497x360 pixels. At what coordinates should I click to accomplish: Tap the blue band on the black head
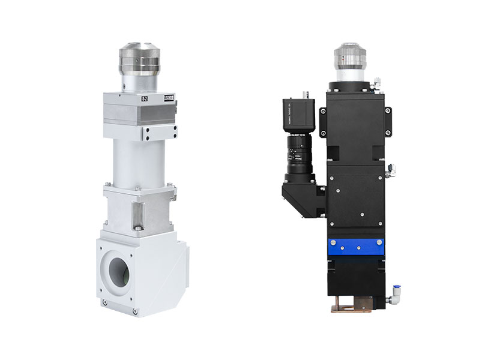tap(354, 247)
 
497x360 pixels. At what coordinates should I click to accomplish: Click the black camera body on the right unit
tap(298, 116)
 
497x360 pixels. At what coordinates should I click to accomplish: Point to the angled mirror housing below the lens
tap(303, 195)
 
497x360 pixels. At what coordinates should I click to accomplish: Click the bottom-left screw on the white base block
tap(106, 301)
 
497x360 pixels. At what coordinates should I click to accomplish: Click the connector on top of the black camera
tap(304, 94)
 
